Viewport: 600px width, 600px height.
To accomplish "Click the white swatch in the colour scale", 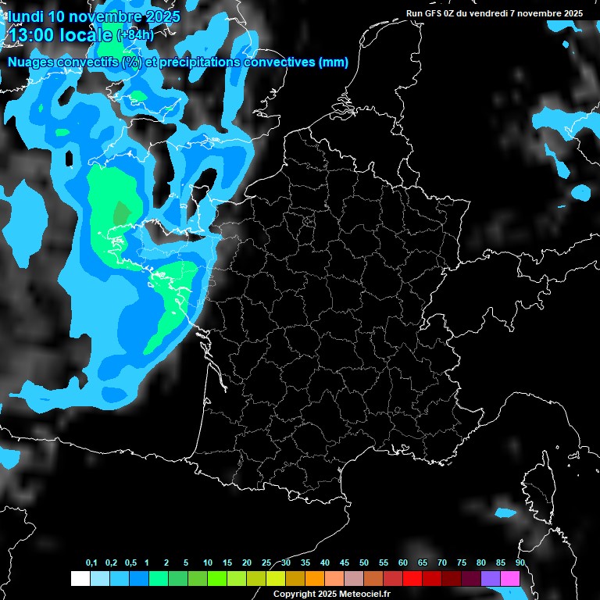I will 80,578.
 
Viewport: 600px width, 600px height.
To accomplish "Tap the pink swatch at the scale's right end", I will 510,578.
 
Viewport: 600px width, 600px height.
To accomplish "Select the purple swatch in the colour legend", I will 491,578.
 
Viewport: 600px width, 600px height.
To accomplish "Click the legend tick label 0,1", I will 91,563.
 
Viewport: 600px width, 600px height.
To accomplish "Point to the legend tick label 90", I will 520,563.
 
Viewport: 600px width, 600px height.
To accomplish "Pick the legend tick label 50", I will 364,563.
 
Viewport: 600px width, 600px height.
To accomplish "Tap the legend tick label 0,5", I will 130,563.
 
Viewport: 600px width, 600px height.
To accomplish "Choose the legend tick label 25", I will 266,563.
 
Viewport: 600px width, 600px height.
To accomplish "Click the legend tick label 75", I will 462,563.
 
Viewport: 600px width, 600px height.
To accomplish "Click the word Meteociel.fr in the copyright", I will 362,594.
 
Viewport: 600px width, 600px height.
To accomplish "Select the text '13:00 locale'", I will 61,34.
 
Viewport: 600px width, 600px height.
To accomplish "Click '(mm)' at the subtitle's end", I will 334,62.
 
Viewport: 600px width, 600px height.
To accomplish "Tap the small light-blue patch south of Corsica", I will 505,513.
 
